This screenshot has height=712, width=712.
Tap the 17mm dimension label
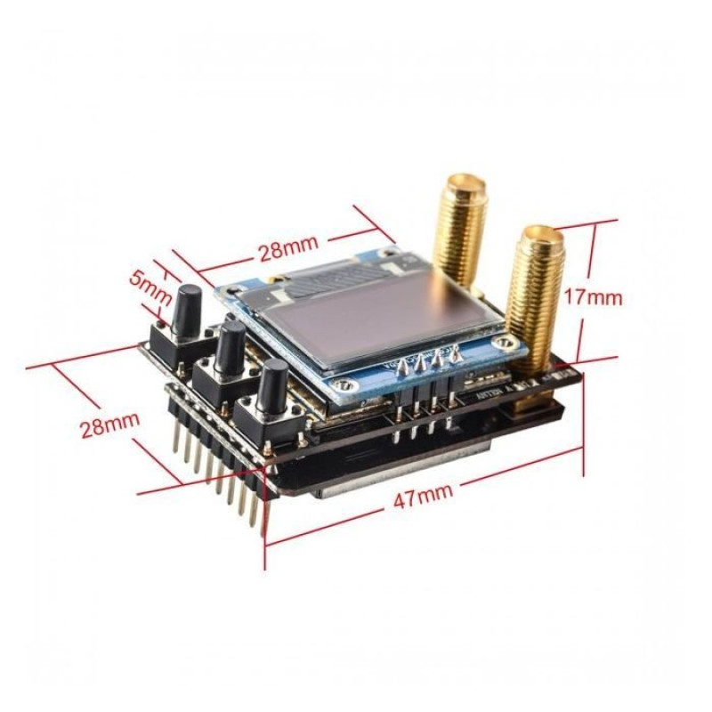(x=593, y=296)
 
